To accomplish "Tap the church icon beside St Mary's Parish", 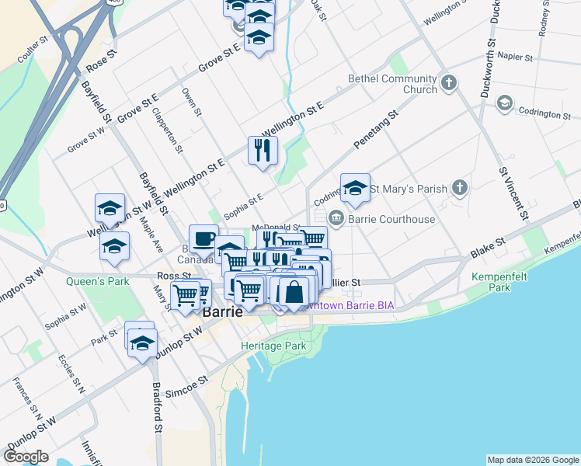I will pyautogui.click(x=461, y=188).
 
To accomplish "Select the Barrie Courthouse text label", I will pyautogui.click(x=391, y=219).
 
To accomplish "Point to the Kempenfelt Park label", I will pyautogui.click(x=490, y=281).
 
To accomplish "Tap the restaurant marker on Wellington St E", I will pyautogui.click(x=263, y=149).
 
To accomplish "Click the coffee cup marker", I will pyautogui.click(x=204, y=238).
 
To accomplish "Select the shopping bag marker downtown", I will pyautogui.click(x=294, y=293).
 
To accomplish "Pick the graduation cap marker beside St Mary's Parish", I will pyautogui.click(x=355, y=187).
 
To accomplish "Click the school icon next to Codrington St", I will pyautogui.click(x=504, y=103).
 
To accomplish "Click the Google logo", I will pyautogui.click(x=26, y=457).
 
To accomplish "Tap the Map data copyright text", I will pyautogui.click(x=532, y=460).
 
